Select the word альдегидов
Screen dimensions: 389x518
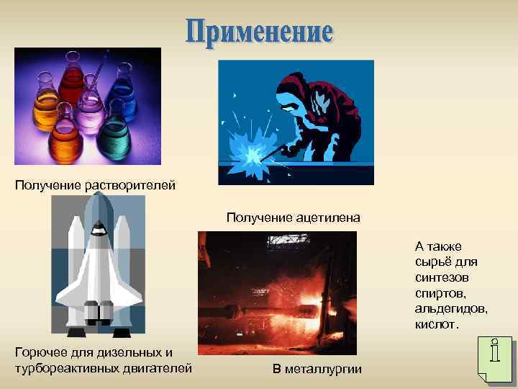451,308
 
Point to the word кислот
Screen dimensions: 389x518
436,324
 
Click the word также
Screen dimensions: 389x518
446,246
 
